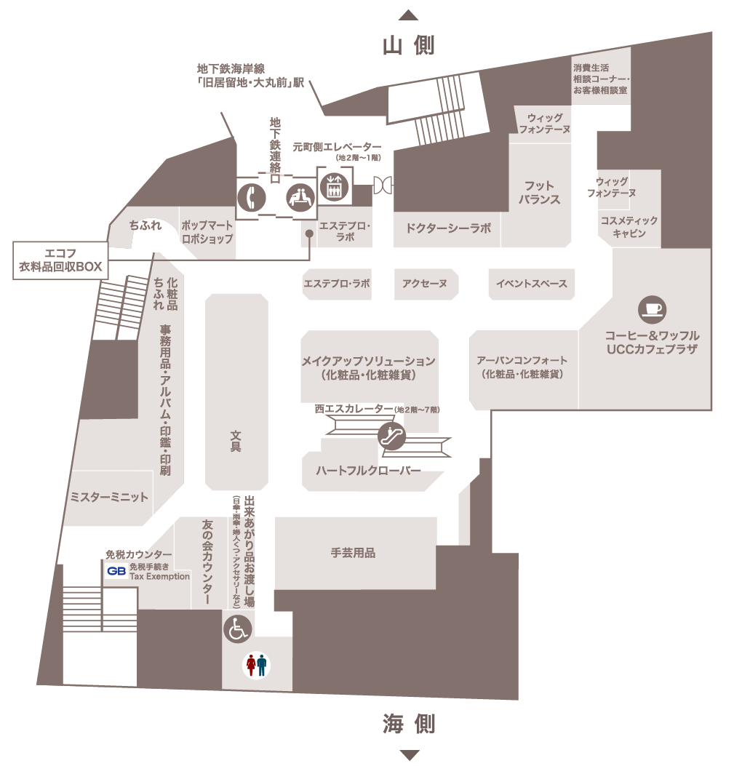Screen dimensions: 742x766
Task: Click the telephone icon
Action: point(252,198)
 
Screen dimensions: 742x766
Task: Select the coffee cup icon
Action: point(652,310)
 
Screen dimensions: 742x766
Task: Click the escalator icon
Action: point(392,435)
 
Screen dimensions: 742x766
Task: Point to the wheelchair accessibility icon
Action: point(238,629)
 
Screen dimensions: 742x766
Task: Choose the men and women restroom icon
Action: point(257,665)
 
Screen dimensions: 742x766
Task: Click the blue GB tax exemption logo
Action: point(116,571)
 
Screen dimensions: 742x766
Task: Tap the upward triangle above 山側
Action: point(408,15)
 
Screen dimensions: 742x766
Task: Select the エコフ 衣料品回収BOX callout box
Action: point(60,260)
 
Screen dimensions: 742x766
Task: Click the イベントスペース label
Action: point(532,284)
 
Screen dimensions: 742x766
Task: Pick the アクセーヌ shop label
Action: point(425,284)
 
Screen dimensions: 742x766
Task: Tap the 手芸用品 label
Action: point(353,553)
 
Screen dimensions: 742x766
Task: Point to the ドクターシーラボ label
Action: point(448,228)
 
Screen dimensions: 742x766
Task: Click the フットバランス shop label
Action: point(539,193)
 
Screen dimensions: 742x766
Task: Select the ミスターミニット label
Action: point(109,498)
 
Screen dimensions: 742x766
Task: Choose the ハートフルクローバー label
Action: point(368,471)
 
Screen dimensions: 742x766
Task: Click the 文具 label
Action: point(236,441)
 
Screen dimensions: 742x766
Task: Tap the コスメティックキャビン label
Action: point(629,227)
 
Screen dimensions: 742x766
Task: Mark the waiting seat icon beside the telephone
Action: point(300,198)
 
